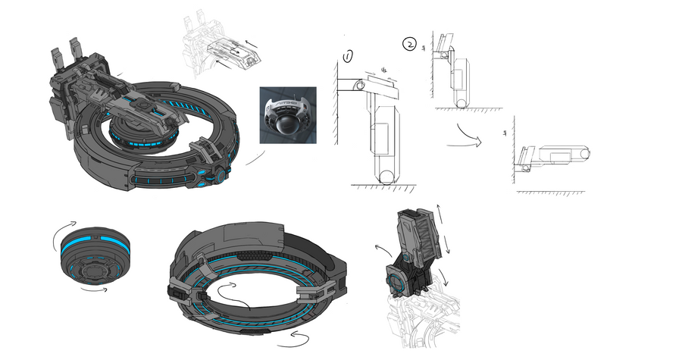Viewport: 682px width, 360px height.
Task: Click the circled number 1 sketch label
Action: tap(348, 56)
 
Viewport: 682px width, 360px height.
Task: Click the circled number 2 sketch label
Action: tap(409, 44)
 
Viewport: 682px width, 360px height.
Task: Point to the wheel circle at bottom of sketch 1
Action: tap(386, 178)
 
